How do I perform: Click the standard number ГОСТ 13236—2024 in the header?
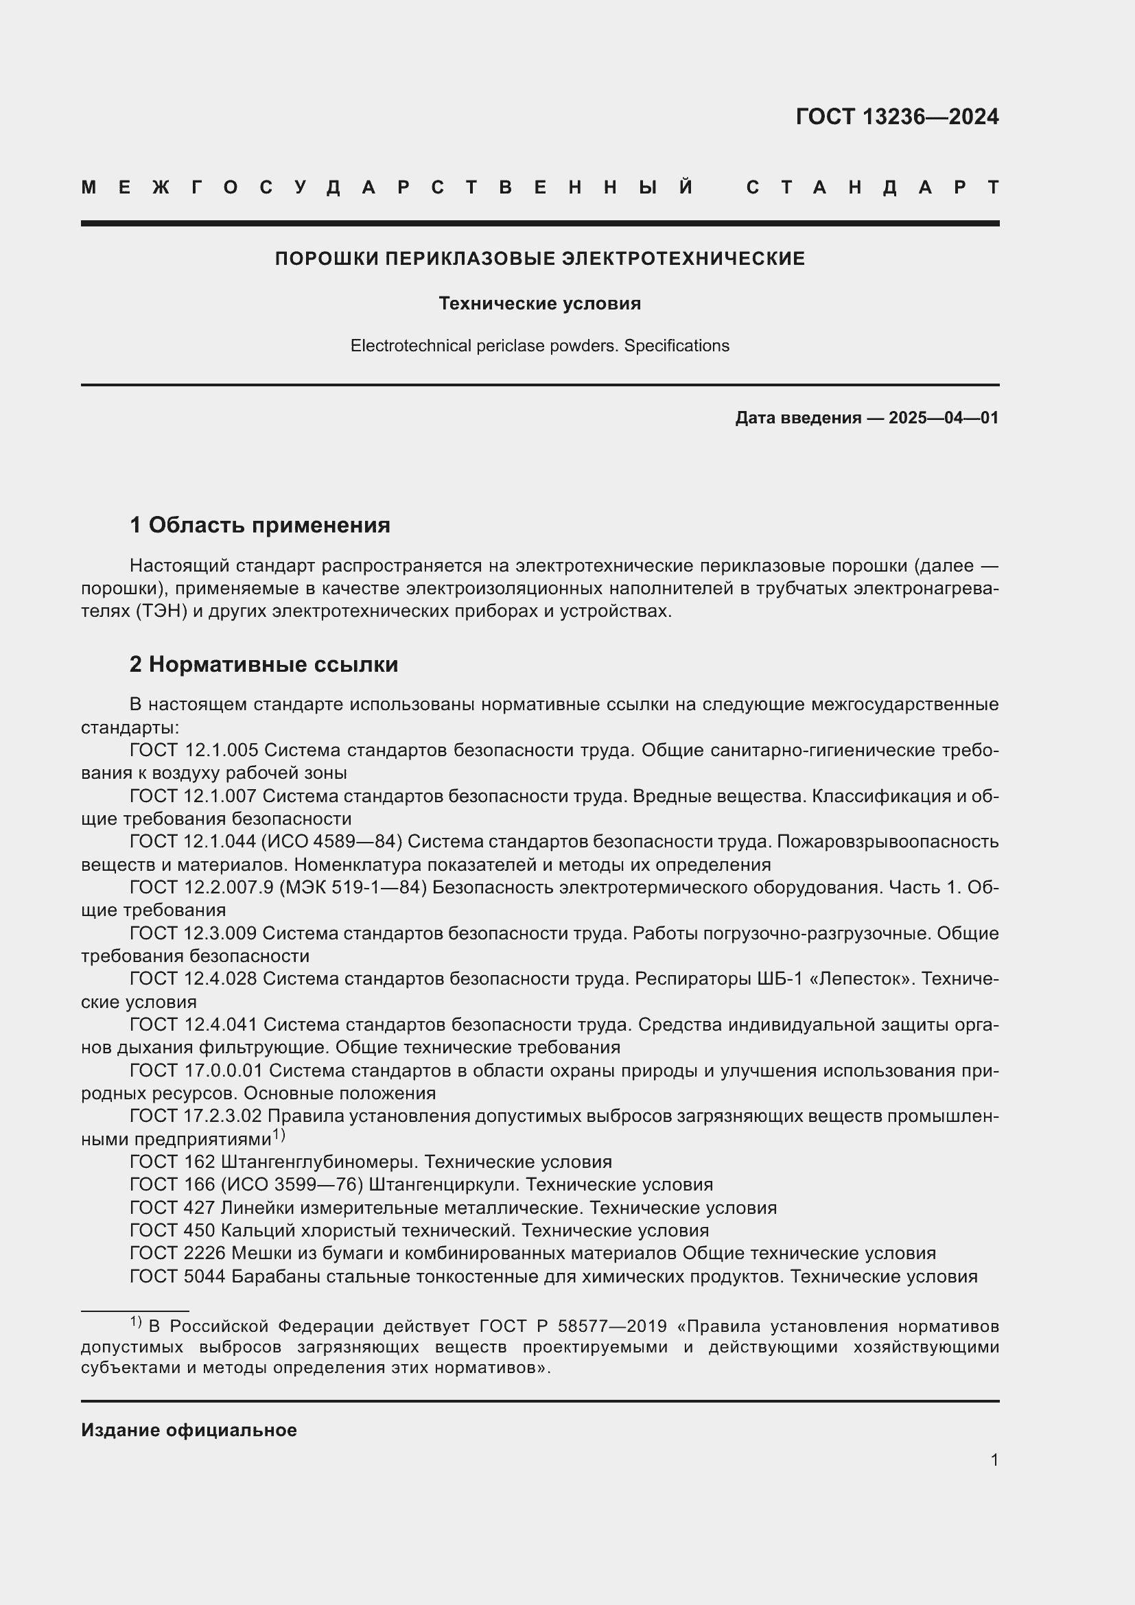coord(897,116)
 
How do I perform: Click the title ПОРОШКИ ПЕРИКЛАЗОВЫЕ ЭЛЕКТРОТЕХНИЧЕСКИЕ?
coord(539,259)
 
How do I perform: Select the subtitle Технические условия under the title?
coord(539,303)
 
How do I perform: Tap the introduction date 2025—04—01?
coord(943,418)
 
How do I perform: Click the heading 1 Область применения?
coord(260,524)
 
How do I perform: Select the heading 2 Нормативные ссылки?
coord(264,664)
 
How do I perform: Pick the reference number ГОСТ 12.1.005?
coord(194,750)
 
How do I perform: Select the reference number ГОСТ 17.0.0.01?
coord(196,1070)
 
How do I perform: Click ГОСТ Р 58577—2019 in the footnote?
coord(566,1326)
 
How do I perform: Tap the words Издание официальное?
coord(189,1430)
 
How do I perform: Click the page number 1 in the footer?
coord(994,1460)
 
